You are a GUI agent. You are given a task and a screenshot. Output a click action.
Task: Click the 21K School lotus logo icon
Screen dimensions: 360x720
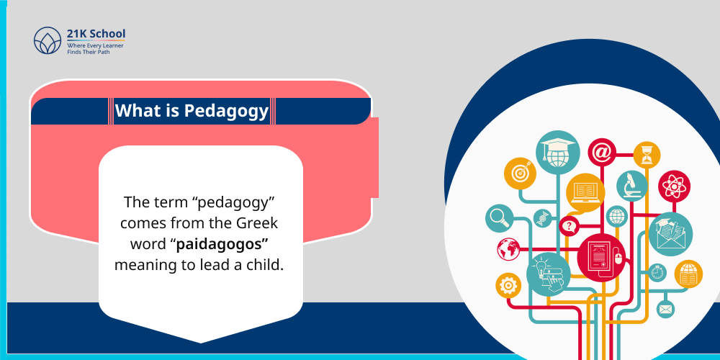point(48,40)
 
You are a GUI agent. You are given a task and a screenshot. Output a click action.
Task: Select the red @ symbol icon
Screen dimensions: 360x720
point(602,152)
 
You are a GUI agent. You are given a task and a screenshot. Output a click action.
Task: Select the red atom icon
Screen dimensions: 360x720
point(675,186)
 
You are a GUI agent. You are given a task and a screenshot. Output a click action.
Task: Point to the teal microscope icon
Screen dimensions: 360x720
point(631,185)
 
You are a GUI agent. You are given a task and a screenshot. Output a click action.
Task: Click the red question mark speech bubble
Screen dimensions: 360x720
point(570,227)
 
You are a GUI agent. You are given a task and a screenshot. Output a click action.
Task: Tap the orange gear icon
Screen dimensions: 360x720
point(508,285)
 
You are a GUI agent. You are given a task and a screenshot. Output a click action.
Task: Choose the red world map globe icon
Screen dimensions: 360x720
point(508,248)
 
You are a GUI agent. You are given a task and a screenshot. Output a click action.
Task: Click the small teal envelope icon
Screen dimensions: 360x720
point(665,309)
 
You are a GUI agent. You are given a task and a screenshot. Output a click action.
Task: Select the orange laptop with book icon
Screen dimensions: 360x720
point(585,193)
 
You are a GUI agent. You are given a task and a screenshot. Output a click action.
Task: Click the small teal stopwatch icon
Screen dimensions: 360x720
point(657,272)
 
